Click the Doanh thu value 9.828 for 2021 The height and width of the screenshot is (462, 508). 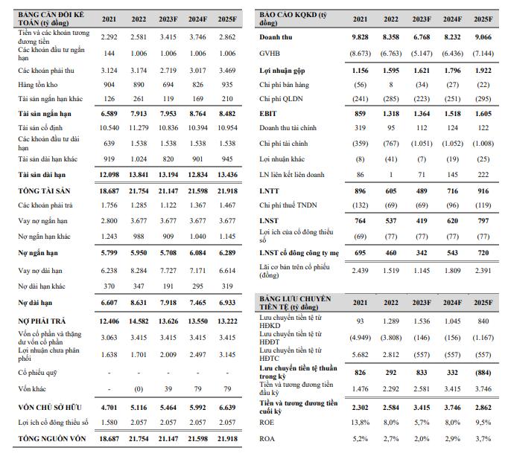[360, 37]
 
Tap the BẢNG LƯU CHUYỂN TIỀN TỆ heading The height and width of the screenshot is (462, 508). [296, 302]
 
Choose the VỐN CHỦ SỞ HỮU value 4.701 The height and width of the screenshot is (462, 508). [109, 408]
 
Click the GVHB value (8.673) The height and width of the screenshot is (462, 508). [360, 54]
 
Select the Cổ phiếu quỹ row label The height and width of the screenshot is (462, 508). [39, 371]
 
